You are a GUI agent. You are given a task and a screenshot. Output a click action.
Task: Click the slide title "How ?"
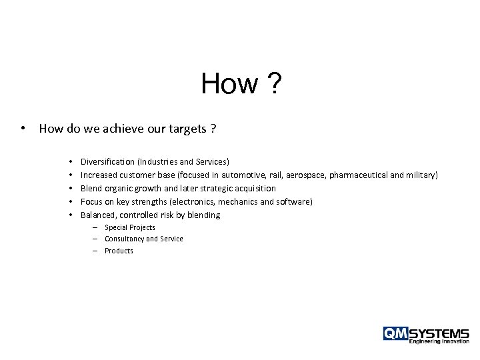point(241,85)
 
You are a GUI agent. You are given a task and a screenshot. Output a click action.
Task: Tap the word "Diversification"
point(108,161)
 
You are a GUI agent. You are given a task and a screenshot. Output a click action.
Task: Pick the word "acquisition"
point(253,188)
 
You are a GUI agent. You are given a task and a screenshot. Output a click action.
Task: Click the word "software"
point(291,201)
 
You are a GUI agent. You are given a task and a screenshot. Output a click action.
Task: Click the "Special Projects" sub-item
point(130,227)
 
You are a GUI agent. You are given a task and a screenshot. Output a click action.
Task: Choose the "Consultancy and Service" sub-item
point(143,239)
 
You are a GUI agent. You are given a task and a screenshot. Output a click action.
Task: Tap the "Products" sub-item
point(119,251)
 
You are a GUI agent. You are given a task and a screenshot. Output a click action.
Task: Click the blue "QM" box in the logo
point(395,333)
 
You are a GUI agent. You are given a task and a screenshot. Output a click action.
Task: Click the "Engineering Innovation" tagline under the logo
point(439,342)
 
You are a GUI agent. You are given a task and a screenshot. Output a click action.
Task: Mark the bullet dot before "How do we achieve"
point(23,129)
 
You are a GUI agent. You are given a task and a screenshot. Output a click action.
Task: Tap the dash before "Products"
point(96,251)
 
